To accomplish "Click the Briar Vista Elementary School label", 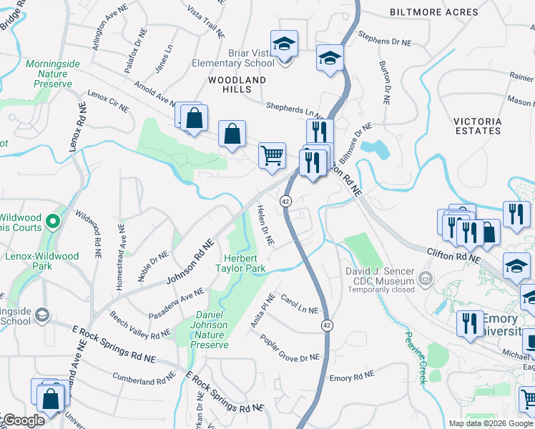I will [x=233, y=57].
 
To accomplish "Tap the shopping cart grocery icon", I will [x=272, y=154].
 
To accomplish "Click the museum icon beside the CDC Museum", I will [x=426, y=277].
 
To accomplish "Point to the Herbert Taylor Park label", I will [x=241, y=263].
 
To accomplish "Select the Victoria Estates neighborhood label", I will [x=477, y=127].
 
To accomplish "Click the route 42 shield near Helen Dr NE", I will [x=285, y=202].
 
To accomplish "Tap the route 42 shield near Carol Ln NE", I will [x=327, y=325].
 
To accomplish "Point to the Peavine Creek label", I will [x=416, y=357].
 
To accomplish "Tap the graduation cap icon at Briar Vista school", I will [x=285, y=44].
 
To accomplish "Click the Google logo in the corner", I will [x=23, y=420].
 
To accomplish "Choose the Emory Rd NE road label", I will [x=350, y=376].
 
